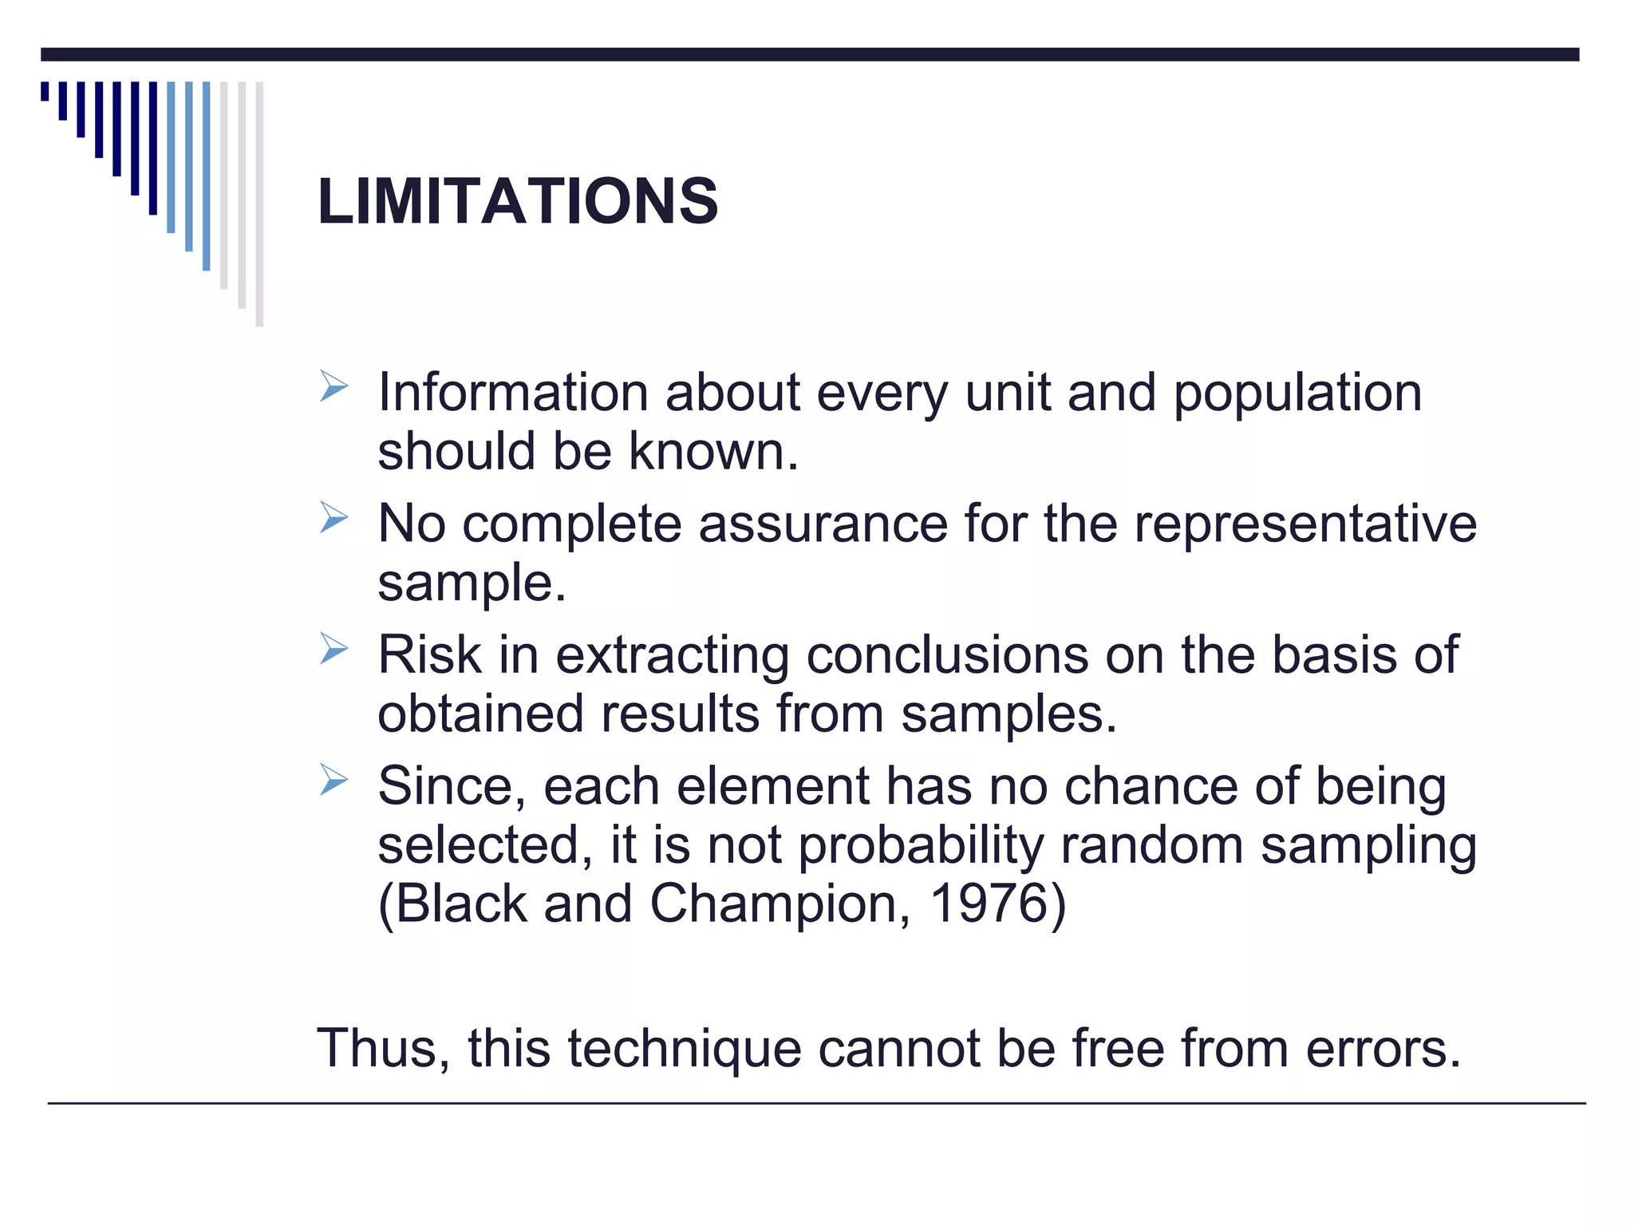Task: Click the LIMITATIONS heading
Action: point(518,201)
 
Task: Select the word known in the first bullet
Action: point(712,452)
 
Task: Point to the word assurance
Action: point(823,524)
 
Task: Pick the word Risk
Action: point(429,655)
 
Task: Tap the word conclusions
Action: point(947,655)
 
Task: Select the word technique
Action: point(685,1050)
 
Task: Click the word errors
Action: point(1383,1049)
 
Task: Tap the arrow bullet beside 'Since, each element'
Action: point(334,780)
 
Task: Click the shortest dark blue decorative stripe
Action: point(45,91)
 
